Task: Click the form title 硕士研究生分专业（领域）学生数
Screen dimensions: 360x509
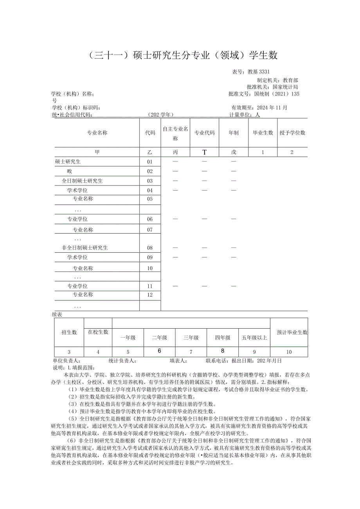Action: (x=180, y=56)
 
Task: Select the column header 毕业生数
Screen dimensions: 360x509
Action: (x=263, y=133)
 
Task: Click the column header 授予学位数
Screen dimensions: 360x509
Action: (x=292, y=133)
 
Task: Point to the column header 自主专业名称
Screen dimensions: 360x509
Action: (x=175, y=133)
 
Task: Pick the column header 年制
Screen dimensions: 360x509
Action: (x=234, y=133)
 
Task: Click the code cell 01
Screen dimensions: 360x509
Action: (x=150, y=162)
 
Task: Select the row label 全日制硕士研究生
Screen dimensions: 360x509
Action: (x=82, y=181)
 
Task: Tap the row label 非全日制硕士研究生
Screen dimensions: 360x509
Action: (x=85, y=248)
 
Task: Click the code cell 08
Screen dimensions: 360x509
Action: (x=150, y=248)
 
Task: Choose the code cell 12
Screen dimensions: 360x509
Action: (x=150, y=295)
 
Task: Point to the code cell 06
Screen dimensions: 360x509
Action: (x=150, y=219)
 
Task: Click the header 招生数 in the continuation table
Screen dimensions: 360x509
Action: (x=69, y=332)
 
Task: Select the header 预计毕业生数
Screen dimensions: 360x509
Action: (x=292, y=332)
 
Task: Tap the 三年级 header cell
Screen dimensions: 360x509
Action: (x=191, y=338)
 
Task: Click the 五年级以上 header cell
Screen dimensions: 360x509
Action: (x=254, y=338)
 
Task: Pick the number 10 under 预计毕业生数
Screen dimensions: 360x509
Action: (x=289, y=352)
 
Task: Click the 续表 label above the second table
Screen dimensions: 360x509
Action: (x=57, y=314)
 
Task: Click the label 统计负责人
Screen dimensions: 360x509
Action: (x=122, y=361)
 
